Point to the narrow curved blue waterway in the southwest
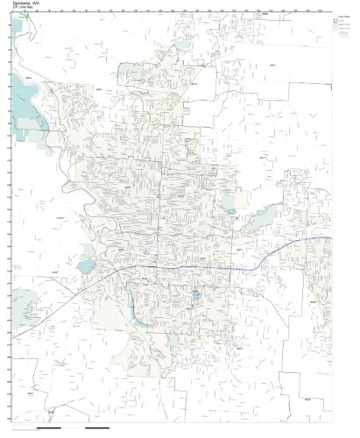(x=131, y=307)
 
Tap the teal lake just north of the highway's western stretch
(x=86, y=265)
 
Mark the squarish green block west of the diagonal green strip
(x=229, y=201)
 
